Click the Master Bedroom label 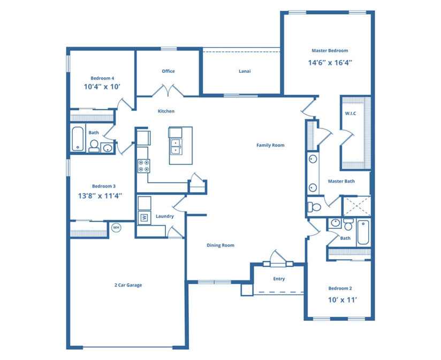pyautogui.click(x=330, y=51)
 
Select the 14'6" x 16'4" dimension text pyautogui.click(x=330, y=62)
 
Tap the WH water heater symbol pyautogui.click(x=116, y=228)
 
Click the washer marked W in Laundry pyautogui.click(x=143, y=217)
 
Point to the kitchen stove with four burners pyautogui.click(x=144, y=166)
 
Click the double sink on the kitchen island pyautogui.click(x=176, y=145)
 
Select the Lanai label pyautogui.click(x=245, y=71)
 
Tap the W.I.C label pyautogui.click(x=351, y=113)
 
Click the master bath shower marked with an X pyautogui.click(x=355, y=206)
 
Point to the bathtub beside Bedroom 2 pyautogui.click(x=363, y=233)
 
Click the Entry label pyautogui.click(x=279, y=279)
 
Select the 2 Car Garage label pyautogui.click(x=128, y=285)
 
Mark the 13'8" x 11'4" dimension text pyautogui.click(x=100, y=196)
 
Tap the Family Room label pyautogui.click(x=270, y=145)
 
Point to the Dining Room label pyautogui.click(x=221, y=245)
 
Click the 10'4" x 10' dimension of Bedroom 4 pyautogui.click(x=102, y=86)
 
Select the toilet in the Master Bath pyautogui.click(x=315, y=207)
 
